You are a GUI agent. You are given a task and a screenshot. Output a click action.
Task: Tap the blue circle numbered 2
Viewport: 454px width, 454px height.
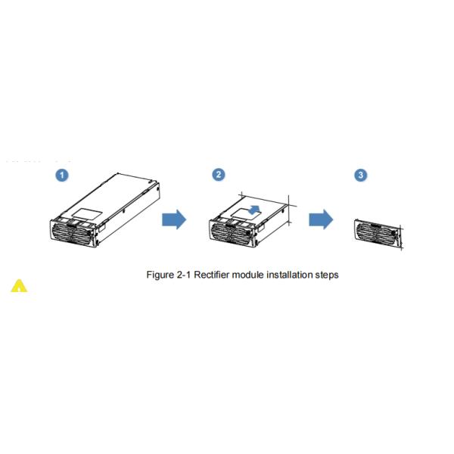tap(219, 175)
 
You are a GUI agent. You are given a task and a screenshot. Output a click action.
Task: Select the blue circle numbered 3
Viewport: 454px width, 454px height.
tap(361, 175)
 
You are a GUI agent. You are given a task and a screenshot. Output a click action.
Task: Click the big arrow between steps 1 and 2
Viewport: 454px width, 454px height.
tap(174, 219)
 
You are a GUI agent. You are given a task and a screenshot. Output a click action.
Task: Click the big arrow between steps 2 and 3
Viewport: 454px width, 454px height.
tap(321, 219)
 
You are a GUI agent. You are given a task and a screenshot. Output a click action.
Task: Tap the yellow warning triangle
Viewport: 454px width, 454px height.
tap(18, 286)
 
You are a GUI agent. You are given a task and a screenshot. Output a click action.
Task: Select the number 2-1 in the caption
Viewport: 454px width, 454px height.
tap(185, 275)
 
